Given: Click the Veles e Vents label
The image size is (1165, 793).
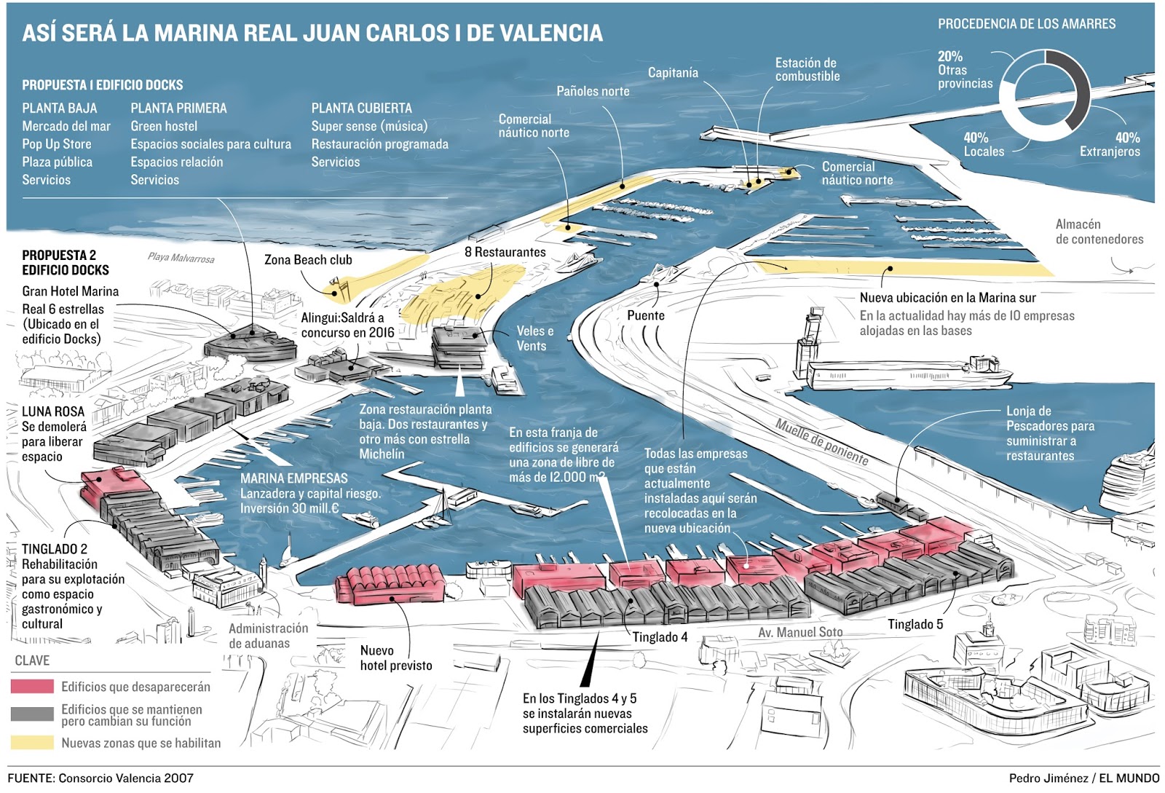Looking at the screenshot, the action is coord(534,339).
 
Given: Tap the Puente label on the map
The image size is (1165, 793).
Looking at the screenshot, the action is coord(645,315).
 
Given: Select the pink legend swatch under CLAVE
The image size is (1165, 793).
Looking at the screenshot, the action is coord(32,687).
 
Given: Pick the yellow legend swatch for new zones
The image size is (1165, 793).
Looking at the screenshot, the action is coord(32,743).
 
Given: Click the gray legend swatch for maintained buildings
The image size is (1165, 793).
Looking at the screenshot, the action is coord(32,714).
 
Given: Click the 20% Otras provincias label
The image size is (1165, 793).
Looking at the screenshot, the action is coord(964,70).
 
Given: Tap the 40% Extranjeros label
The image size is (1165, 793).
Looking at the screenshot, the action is coord(1110,144).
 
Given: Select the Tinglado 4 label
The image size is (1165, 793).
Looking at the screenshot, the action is coord(660,637).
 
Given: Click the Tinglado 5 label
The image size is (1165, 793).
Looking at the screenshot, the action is coord(915,624).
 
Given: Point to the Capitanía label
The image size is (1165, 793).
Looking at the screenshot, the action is coord(673,73).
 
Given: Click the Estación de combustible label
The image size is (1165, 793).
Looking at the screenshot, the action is coord(807,69).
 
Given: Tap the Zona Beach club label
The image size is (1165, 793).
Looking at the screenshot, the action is coord(308,260).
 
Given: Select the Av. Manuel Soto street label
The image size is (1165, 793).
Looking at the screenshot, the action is coord(800,632).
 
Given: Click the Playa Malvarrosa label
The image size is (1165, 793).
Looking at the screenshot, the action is coord(181,258).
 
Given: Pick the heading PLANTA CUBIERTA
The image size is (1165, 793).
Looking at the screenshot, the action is coord(361,109).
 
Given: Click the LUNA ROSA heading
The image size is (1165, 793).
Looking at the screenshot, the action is coord(53,411).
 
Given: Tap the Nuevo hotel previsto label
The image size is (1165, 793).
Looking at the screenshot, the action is coord(395,658).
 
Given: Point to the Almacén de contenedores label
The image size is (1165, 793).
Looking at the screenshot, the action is coord(1099,232).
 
